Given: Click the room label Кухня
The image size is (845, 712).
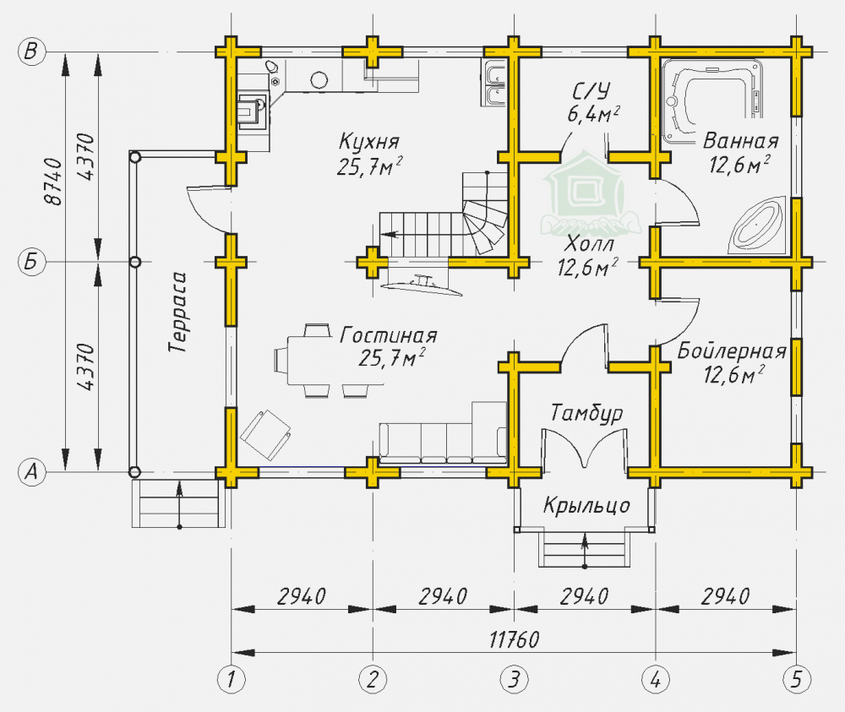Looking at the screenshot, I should [x=369, y=140].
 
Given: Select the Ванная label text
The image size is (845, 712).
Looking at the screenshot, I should [x=740, y=140].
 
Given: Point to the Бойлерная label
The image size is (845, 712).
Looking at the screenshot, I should [x=732, y=351].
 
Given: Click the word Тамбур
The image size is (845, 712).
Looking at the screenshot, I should [x=586, y=414].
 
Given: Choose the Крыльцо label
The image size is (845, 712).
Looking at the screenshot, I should [x=586, y=506].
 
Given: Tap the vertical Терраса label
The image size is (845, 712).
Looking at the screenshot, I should [x=178, y=313].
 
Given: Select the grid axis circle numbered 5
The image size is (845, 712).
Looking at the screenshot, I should [x=795, y=677].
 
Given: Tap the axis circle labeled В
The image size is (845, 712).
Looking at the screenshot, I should [x=31, y=52].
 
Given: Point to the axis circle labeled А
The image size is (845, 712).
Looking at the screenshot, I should [x=31, y=471].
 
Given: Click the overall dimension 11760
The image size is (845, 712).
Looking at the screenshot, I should [x=515, y=638].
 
